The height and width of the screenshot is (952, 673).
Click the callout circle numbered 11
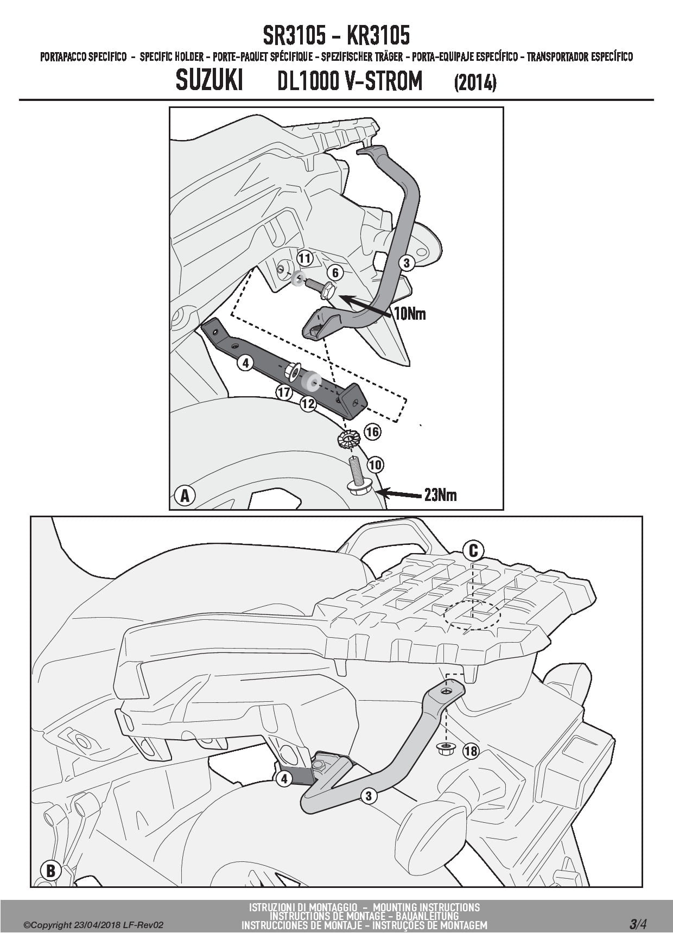(305, 258)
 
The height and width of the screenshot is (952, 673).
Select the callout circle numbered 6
(335, 272)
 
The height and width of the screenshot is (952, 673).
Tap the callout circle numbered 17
(284, 392)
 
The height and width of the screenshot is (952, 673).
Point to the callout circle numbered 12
(308, 403)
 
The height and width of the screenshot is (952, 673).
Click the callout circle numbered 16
(372, 432)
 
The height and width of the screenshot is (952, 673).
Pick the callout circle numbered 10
(375, 465)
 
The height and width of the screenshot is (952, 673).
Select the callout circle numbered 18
(471, 751)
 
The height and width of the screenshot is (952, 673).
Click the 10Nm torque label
(409, 314)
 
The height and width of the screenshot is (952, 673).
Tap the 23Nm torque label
(440, 495)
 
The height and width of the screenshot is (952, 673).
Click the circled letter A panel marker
(186, 496)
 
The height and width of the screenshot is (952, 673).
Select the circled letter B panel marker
(50, 871)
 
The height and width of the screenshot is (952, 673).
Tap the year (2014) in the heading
(475, 83)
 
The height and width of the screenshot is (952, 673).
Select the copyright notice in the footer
(93, 925)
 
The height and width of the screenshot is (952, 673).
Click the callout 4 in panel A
(246, 363)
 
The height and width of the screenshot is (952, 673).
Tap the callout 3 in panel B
(369, 796)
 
